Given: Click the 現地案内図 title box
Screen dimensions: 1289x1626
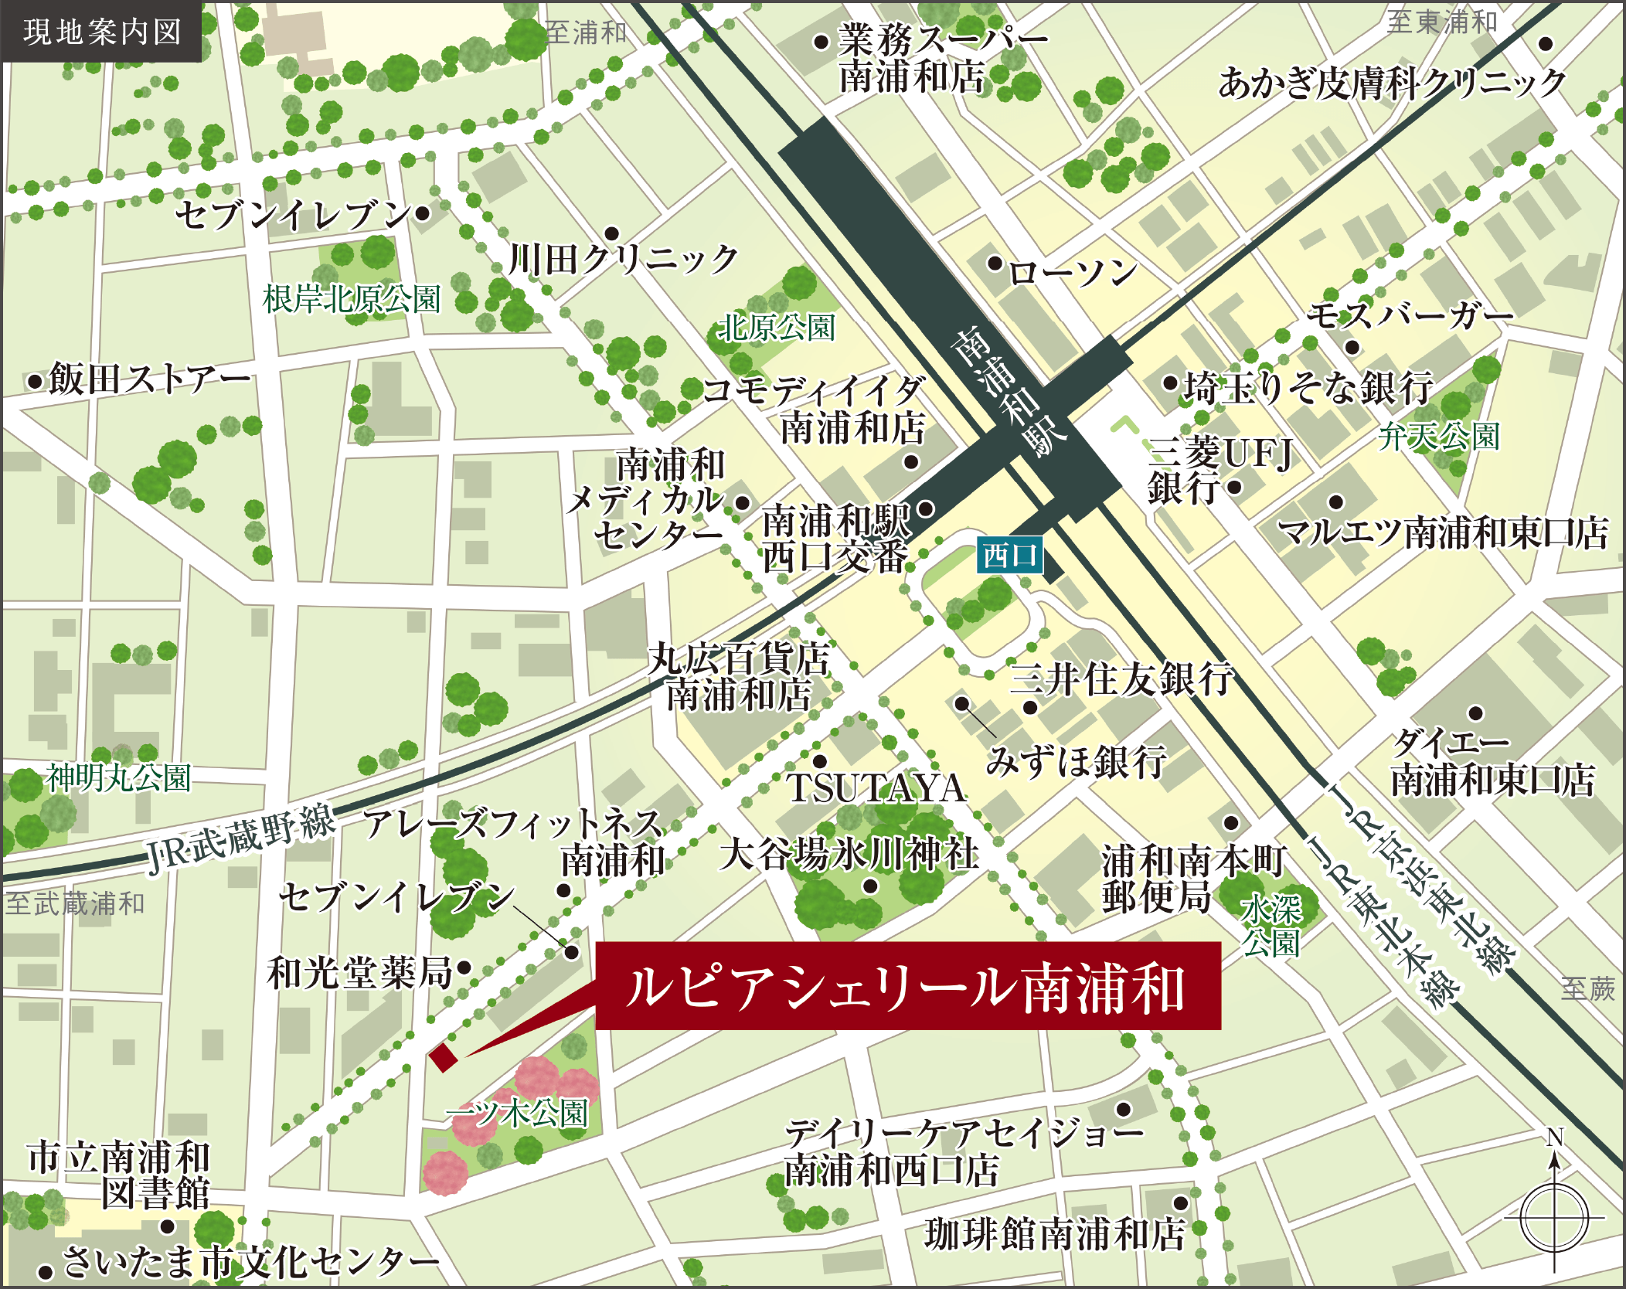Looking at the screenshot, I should click(101, 32).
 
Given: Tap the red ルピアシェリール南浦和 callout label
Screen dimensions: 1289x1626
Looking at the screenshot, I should click(907, 986).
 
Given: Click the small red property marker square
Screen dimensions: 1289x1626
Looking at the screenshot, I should click(444, 1057).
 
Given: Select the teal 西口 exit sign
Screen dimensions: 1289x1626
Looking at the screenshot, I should click(1009, 555).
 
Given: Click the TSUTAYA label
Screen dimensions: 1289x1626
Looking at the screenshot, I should click(876, 788).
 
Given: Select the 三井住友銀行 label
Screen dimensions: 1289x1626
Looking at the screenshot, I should click(1121, 679).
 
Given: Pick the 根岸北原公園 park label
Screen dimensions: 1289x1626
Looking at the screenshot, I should click(352, 299).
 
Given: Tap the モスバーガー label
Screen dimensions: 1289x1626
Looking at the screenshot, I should click(1409, 315).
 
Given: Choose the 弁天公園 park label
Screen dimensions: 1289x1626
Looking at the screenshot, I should click(1438, 437).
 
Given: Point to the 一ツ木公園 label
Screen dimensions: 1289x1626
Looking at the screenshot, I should click(518, 1113).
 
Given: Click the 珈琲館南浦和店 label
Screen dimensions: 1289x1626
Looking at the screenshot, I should click(1054, 1233).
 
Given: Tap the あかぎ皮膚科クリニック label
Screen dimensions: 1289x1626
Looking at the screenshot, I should click(1392, 83).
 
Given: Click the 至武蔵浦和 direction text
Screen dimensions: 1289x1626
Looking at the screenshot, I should click(75, 903).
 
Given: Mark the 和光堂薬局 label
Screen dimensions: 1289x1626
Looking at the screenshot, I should click(359, 972).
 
